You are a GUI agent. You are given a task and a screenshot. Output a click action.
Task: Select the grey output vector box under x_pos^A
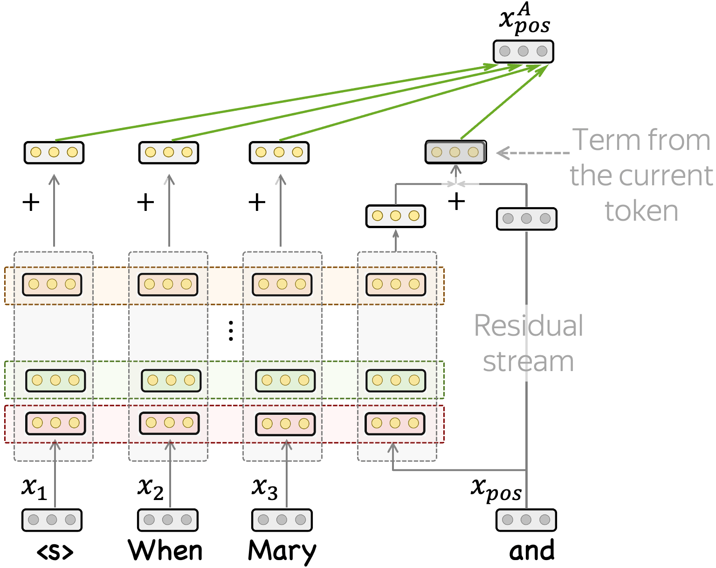(x=523, y=51)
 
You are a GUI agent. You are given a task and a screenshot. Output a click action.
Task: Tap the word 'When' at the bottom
(x=165, y=551)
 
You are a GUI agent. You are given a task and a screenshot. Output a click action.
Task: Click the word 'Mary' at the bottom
(x=282, y=551)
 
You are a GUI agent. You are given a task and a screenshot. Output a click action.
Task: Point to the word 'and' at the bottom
(x=532, y=551)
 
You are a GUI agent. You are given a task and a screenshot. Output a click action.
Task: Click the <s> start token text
(x=55, y=552)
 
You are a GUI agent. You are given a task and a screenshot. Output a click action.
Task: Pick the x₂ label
(x=151, y=488)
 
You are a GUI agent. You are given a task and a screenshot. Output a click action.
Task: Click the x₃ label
(x=265, y=488)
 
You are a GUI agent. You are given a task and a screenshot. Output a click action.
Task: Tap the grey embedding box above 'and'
(x=526, y=520)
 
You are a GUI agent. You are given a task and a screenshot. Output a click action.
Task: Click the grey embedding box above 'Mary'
(x=282, y=520)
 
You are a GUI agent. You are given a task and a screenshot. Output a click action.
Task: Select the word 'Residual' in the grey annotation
(x=529, y=325)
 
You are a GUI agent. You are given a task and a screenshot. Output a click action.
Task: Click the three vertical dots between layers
(x=231, y=331)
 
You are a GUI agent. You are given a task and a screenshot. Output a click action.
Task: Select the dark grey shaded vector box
(x=455, y=152)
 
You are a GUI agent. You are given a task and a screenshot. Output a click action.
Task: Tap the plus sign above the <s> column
(x=31, y=202)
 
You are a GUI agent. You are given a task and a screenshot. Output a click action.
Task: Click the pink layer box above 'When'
(x=169, y=423)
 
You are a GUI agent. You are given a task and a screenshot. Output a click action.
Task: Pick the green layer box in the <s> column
(x=55, y=380)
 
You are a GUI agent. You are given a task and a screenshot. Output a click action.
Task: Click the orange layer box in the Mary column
(x=282, y=284)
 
